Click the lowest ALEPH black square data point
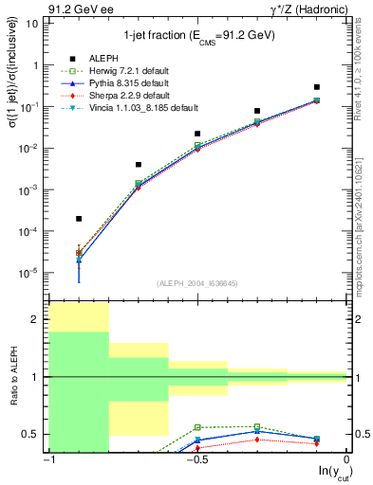coord(79,219)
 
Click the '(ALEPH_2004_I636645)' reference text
coord(197,283)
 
